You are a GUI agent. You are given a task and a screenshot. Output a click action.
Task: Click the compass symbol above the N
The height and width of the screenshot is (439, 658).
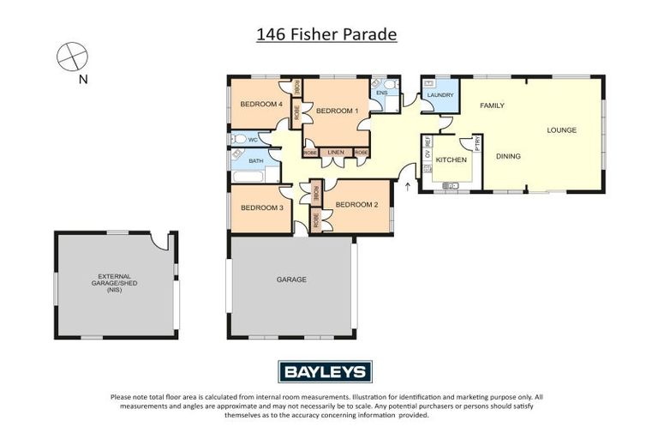(73, 57)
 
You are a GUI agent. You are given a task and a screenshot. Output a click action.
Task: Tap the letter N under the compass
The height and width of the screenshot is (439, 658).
(83, 81)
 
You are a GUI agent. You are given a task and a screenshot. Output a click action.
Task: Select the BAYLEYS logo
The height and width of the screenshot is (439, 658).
(325, 371)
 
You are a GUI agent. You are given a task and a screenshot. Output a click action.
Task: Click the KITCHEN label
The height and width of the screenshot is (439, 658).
(452, 160)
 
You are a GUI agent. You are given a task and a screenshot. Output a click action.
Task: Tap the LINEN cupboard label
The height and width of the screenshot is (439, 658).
(336, 153)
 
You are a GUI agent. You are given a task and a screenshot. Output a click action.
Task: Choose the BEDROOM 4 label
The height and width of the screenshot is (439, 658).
(260, 105)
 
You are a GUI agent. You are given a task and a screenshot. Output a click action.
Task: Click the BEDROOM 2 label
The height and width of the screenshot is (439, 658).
(356, 204)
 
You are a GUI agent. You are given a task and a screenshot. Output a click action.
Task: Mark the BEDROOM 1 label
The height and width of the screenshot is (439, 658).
(337, 111)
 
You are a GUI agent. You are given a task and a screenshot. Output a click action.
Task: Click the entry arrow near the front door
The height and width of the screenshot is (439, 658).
(407, 184)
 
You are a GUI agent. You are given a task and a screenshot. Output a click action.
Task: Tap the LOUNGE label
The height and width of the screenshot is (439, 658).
(562, 130)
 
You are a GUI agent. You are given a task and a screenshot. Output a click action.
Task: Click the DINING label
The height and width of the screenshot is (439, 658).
(509, 156)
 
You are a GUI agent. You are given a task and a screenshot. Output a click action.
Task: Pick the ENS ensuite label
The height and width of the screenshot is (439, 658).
(381, 92)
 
